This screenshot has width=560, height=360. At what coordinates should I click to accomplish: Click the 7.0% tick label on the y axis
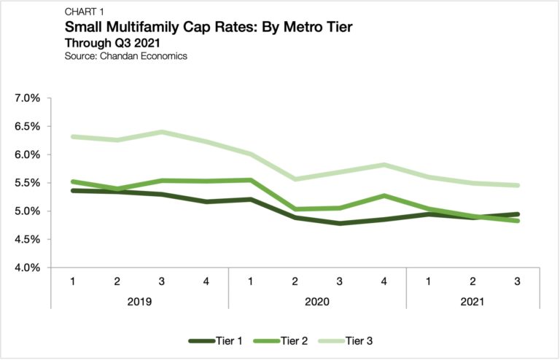27,98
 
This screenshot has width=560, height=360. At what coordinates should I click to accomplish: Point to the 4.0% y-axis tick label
27,268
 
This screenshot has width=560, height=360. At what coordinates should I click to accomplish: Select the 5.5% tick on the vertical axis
27,183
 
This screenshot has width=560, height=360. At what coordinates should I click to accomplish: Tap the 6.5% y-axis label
27,126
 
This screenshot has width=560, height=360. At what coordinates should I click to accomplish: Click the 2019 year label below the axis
139,301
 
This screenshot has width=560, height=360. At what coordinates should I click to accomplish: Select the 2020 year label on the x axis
316,301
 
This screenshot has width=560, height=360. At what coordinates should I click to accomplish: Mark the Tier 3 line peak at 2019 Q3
162,132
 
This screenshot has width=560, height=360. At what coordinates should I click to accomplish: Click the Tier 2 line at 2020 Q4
384,195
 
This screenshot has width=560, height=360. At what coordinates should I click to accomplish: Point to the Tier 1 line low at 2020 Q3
339,223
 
